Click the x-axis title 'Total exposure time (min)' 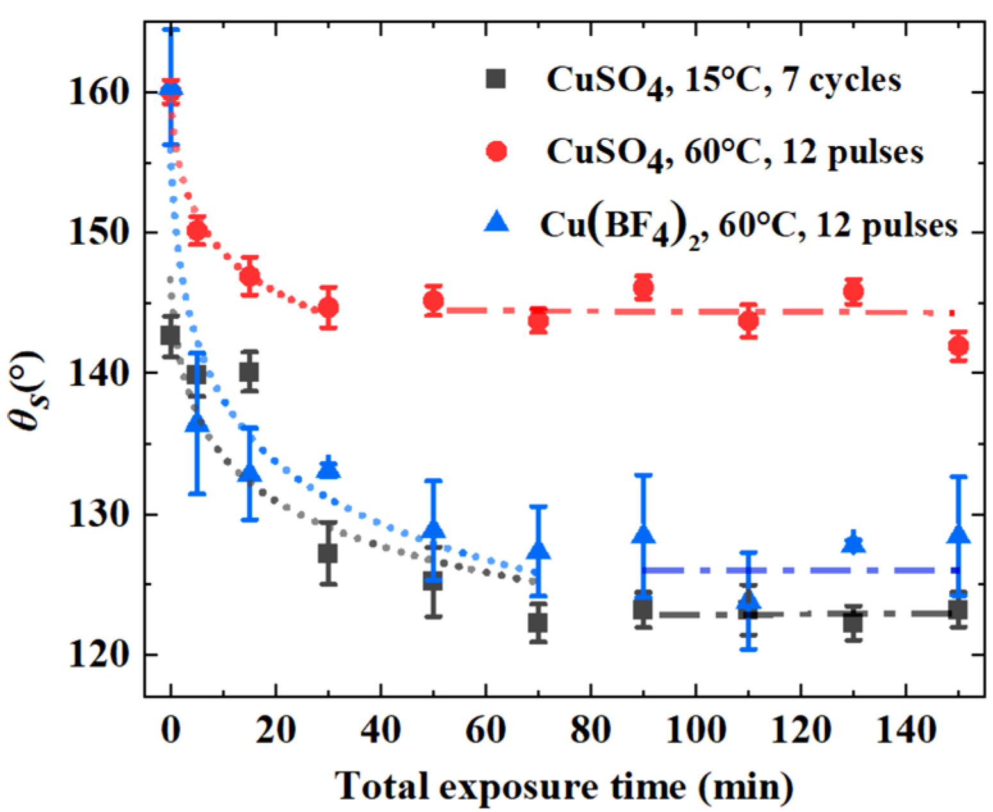pos(564,786)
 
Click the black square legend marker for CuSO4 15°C pos(496,79)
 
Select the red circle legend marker pos(496,152)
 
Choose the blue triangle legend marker pos(496,222)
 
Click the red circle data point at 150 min pos(958,347)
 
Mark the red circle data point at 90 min pos(643,288)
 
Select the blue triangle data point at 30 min pos(329,470)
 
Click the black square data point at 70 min pos(538,622)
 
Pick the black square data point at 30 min pos(328,553)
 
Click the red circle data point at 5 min pos(197,230)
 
